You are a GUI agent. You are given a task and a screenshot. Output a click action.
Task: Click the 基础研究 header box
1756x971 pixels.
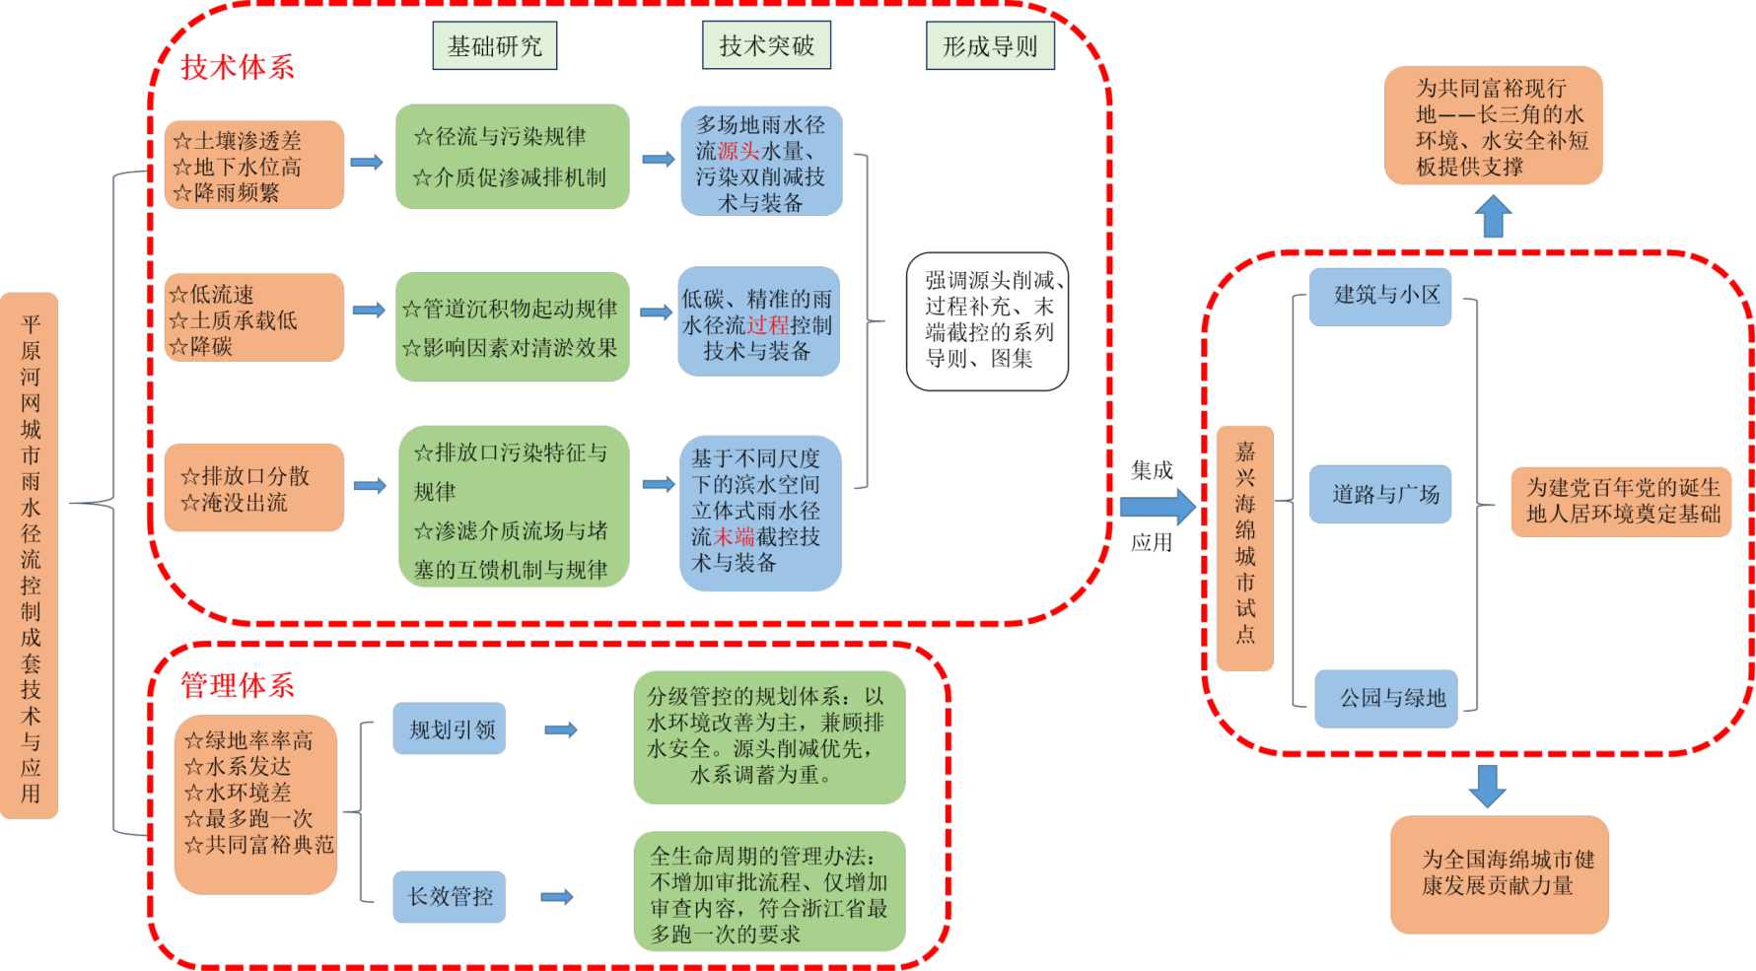pyautogui.click(x=494, y=46)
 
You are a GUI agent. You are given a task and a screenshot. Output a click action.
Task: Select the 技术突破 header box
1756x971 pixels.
pyautogui.click(x=766, y=45)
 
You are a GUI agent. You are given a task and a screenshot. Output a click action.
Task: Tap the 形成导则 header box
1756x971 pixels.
pyautogui.click(x=990, y=46)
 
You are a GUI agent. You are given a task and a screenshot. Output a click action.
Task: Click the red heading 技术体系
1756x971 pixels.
pyautogui.click(x=237, y=67)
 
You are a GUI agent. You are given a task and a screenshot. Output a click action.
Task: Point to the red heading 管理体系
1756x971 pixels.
pyautogui.click(x=237, y=685)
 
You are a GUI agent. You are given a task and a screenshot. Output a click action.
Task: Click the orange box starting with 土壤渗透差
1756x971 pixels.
pyautogui.click(x=254, y=166)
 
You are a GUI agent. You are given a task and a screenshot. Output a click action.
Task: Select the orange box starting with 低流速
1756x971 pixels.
pyautogui.click(x=254, y=318)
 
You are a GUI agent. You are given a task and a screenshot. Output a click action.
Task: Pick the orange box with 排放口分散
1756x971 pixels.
pyautogui.click(x=254, y=488)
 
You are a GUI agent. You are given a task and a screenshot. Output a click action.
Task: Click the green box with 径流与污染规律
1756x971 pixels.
pyautogui.click(x=512, y=157)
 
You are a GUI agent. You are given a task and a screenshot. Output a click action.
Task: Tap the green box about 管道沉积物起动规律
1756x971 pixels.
pyautogui.click(x=512, y=327)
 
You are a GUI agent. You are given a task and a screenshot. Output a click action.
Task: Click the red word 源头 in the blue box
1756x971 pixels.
pyautogui.click(x=738, y=151)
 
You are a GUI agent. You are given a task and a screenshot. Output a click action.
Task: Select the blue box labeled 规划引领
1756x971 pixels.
pyautogui.click(x=450, y=729)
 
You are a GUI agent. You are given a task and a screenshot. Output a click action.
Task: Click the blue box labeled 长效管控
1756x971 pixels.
pyautogui.click(x=450, y=896)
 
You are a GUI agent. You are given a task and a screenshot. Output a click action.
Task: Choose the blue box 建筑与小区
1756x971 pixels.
pyautogui.click(x=1380, y=296)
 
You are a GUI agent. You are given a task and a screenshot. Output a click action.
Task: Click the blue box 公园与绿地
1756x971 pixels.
pyautogui.click(x=1385, y=698)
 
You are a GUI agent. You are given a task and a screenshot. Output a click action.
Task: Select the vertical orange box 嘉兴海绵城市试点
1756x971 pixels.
pyautogui.click(x=1245, y=549)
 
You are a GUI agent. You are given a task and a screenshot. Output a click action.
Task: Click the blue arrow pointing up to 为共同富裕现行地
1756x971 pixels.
pyautogui.click(x=1494, y=216)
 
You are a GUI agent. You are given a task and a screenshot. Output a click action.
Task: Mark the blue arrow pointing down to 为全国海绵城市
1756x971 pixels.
pyautogui.click(x=1487, y=786)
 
